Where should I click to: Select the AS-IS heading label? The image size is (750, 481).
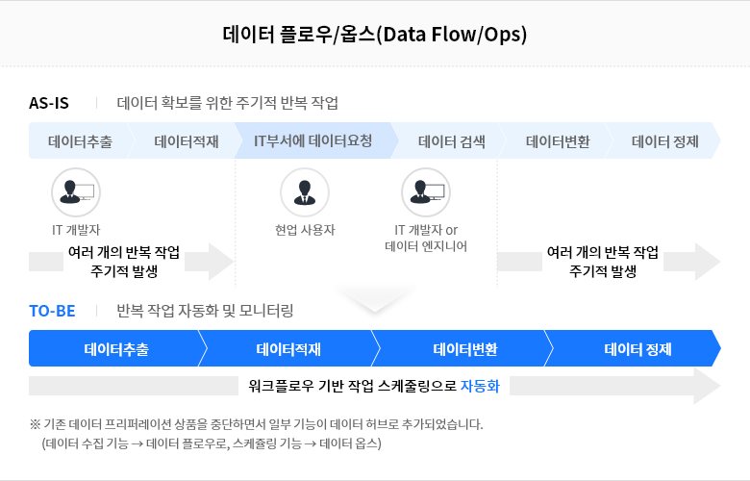click(x=49, y=103)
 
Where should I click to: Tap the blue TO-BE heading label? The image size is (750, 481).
click(x=52, y=311)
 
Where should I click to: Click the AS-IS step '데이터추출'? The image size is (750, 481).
click(x=81, y=141)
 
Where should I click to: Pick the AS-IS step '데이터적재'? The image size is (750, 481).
click(x=187, y=141)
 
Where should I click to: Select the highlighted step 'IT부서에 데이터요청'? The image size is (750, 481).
click(x=312, y=140)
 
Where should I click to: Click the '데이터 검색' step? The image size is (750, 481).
click(x=452, y=141)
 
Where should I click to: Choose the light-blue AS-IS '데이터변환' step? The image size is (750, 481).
click(x=558, y=141)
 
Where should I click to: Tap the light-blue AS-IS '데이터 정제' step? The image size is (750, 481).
click(x=664, y=141)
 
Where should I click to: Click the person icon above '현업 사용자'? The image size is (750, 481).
click(x=305, y=192)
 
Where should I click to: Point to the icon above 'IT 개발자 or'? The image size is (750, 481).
click(x=426, y=192)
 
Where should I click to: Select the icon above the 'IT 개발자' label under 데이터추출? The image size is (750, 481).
click(x=76, y=192)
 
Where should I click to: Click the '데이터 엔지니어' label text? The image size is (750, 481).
click(x=426, y=246)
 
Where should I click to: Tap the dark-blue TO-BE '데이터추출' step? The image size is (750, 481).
click(x=116, y=349)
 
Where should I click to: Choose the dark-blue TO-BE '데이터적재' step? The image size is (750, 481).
click(x=288, y=349)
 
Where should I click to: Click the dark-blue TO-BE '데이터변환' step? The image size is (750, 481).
click(x=465, y=349)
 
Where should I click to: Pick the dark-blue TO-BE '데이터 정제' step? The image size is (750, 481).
click(x=637, y=349)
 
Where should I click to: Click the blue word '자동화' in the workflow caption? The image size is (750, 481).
click(x=480, y=386)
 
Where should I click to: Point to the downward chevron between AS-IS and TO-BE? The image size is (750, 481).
click(x=375, y=299)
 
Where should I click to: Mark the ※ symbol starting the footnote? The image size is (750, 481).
click(x=35, y=424)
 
